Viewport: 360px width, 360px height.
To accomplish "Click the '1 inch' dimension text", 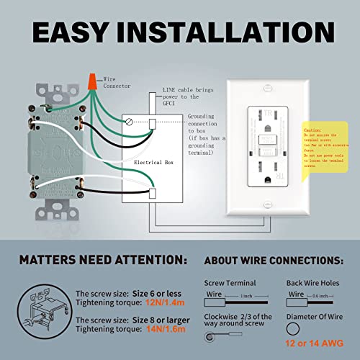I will click(247, 297).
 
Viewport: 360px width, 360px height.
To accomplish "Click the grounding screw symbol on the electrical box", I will click(128, 122).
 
